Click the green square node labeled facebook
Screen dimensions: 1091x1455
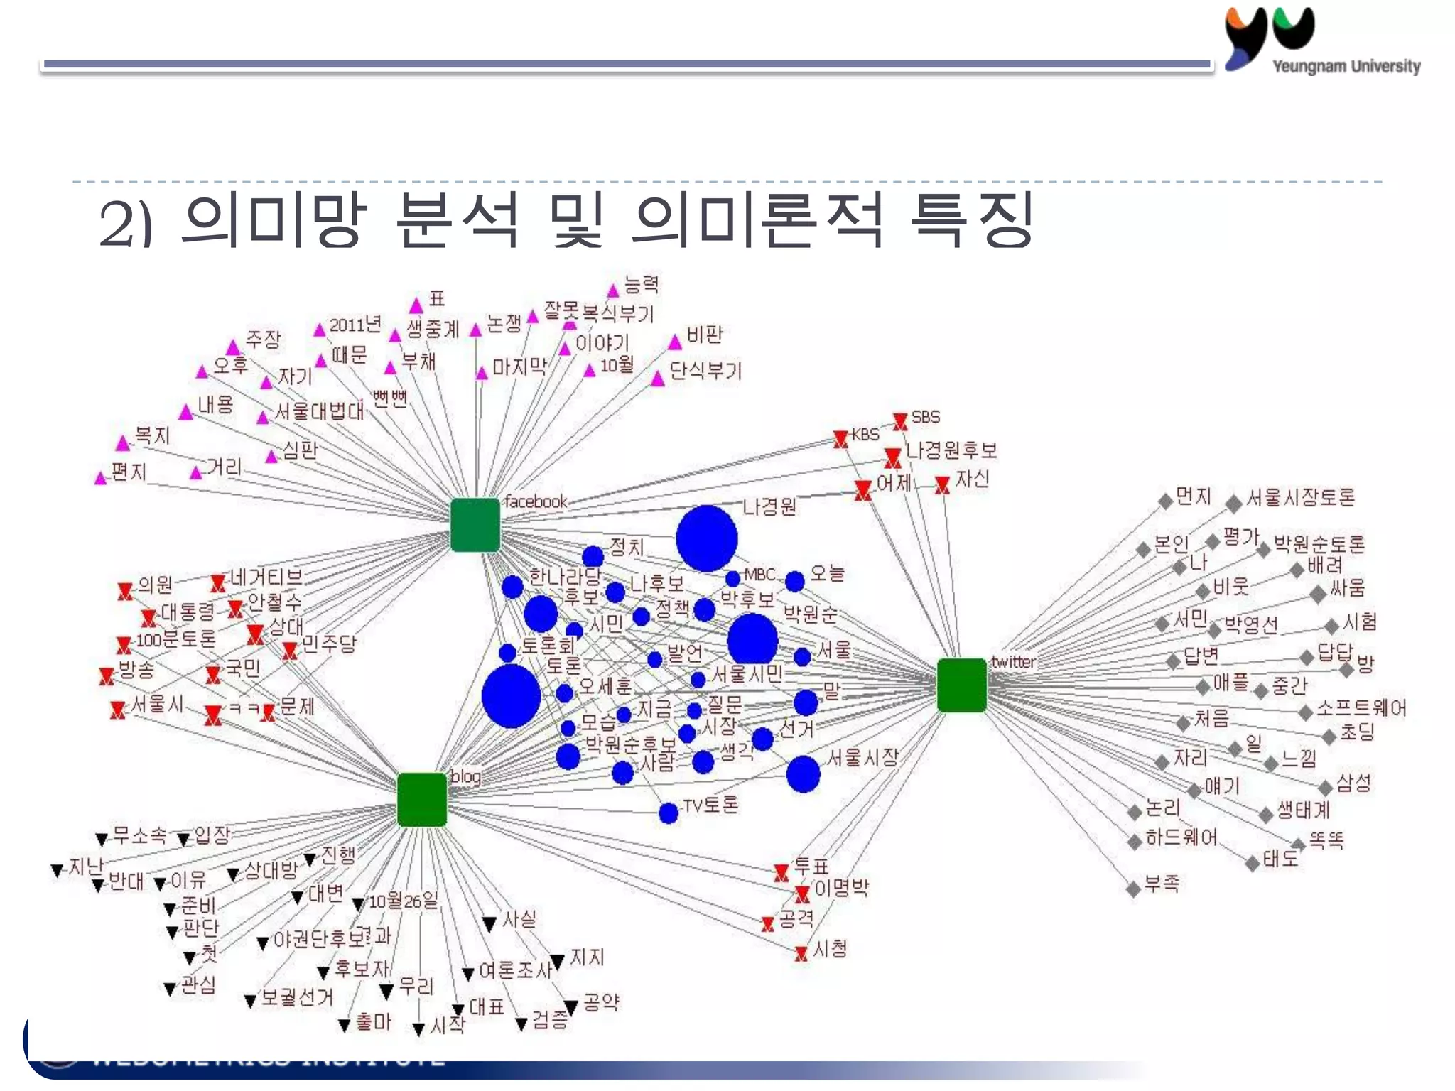point(475,525)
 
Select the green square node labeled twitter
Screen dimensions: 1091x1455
point(962,685)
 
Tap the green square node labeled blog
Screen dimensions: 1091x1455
point(422,800)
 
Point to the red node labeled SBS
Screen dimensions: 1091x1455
point(900,421)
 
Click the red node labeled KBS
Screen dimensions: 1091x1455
point(841,439)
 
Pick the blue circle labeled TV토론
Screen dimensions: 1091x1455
point(669,813)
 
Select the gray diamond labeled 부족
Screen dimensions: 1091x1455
point(1135,889)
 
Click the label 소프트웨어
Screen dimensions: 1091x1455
point(1361,708)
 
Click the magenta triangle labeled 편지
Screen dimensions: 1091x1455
point(100,478)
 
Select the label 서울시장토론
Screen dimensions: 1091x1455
point(1300,497)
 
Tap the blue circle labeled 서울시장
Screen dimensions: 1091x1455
point(804,774)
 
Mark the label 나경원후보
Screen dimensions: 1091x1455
point(951,450)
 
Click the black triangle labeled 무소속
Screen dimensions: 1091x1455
point(102,840)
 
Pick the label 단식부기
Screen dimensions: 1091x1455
point(705,371)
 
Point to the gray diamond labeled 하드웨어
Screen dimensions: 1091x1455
point(1135,842)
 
